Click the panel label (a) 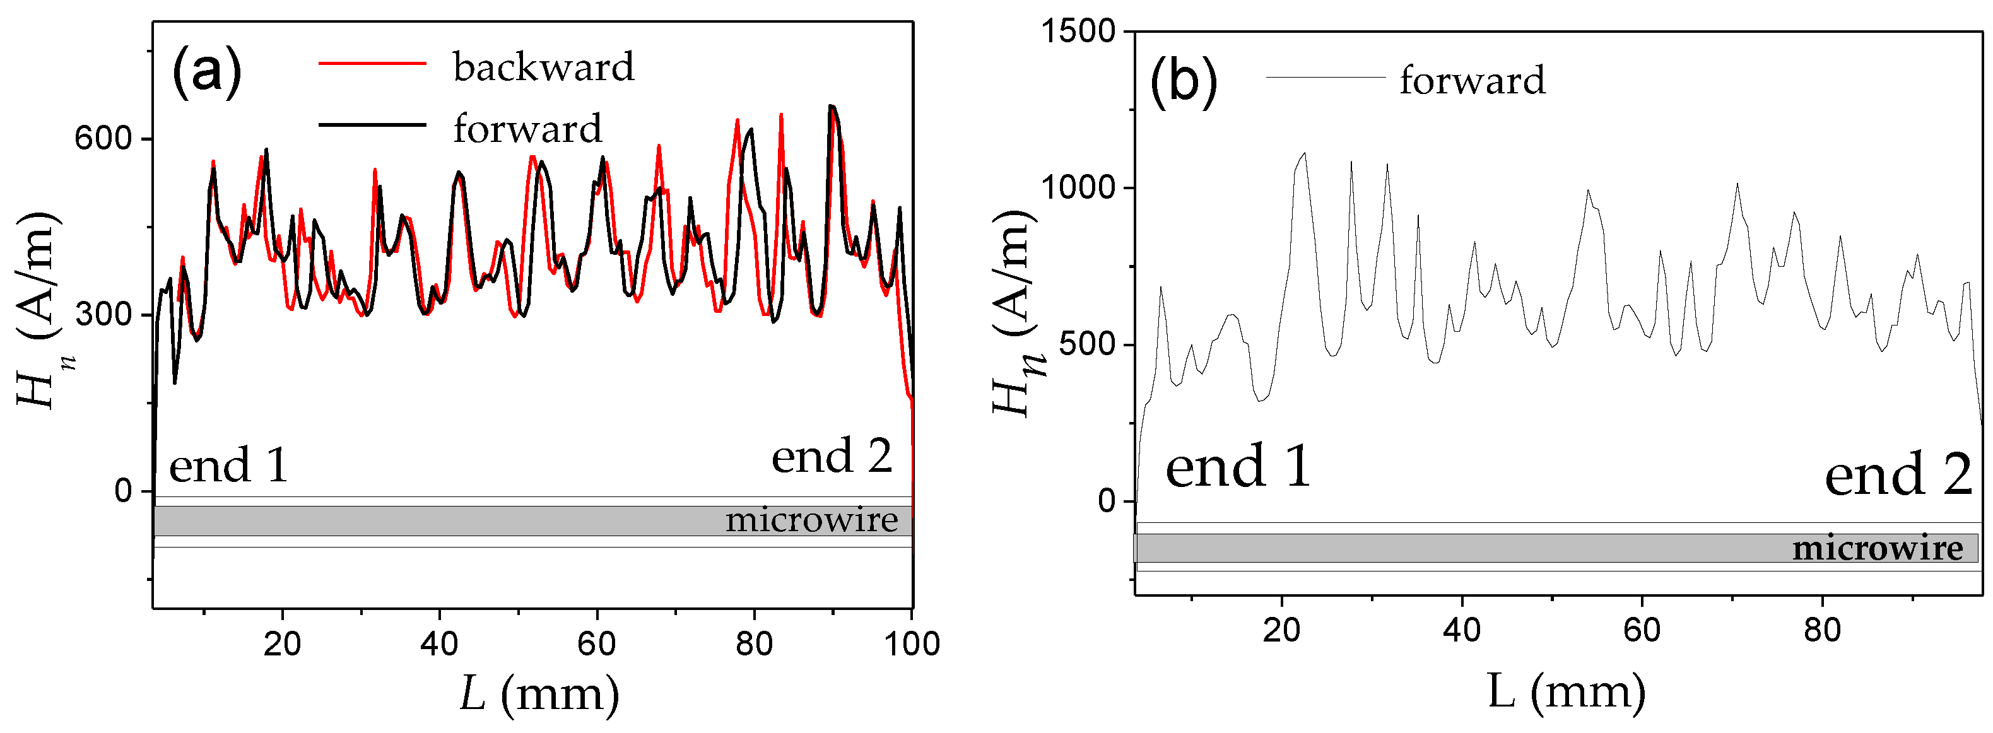(x=206, y=71)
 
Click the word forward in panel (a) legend (x=527, y=128)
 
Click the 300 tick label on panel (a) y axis (x=103, y=314)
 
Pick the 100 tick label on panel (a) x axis (x=912, y=643)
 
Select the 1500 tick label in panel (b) (x=1077, y=32)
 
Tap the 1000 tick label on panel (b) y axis (x=1077, y=188)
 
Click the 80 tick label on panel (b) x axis (x=1822, y=630)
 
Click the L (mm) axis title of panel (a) (x=539, y=693)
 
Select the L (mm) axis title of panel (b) (x=1566, y=691)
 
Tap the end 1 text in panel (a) (x=228, y=465)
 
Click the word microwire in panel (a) (x=811, y=520)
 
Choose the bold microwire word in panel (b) (x=1877, y=548)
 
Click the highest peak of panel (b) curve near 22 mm (x=1305, y=153)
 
